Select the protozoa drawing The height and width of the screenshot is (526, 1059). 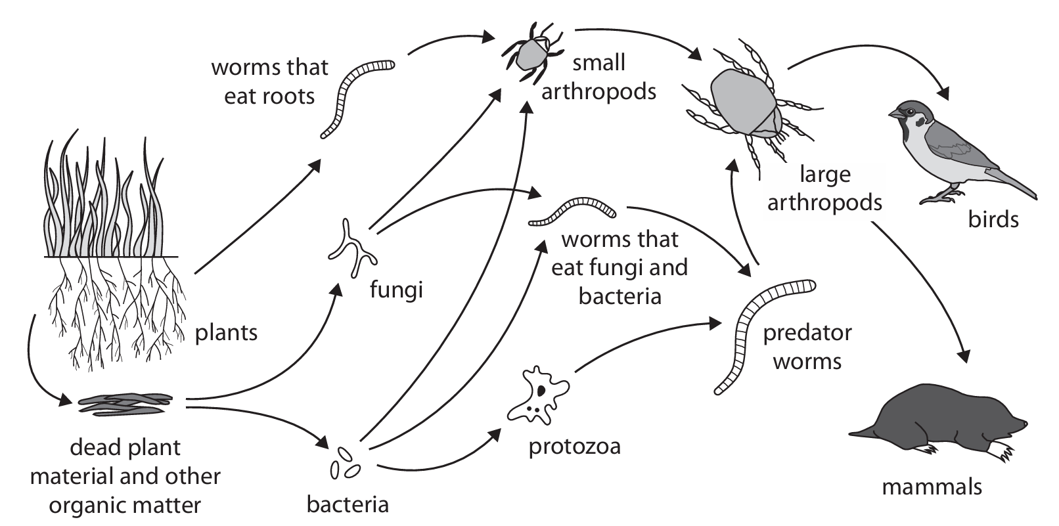pyautogui.click(x=537, y=394)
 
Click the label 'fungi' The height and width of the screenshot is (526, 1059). pyautogui.click(x=395, y=289)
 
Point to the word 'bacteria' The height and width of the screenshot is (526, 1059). pyautogui.click(x=348, y=504)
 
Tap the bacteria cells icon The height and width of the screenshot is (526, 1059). pyautogui.click(x=346, y=463)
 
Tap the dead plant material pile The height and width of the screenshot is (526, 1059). pyautogui.click(x=125, y=405)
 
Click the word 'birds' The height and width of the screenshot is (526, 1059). pyautogui.click(x=993, y=219)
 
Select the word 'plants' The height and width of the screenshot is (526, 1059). pyautogui.click(x=226, y=333)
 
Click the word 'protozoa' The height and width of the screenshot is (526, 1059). pyautogui.click(x=575, y=447)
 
